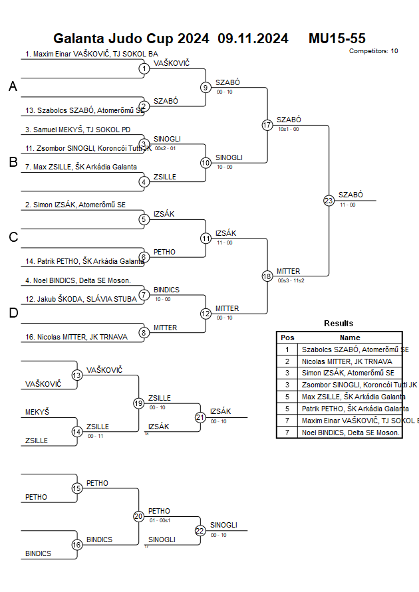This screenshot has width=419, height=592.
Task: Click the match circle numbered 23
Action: [329, 200]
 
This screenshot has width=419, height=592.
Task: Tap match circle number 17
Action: [267, 125]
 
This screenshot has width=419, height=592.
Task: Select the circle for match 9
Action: [206, 87]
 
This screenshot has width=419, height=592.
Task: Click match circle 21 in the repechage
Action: [200, 417]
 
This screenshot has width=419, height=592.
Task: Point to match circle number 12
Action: [206, 314]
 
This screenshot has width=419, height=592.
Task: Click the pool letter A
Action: [13, 86]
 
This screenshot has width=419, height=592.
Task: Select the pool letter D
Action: [13, 314]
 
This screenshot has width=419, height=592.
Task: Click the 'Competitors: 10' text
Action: [373, 51]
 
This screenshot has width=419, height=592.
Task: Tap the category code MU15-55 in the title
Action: [337, 39]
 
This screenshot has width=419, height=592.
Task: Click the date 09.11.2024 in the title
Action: [253, 39]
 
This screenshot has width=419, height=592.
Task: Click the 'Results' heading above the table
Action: [339, 324]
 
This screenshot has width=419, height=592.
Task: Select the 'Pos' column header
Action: [287, 338]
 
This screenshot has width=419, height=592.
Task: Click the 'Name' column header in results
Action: [349, 338]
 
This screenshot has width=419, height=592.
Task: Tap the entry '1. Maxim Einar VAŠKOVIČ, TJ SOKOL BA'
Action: [91, 54]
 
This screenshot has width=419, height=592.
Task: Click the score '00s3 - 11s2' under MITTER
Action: [291, 280]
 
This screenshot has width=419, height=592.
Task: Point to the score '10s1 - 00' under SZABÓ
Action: [288, 129]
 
